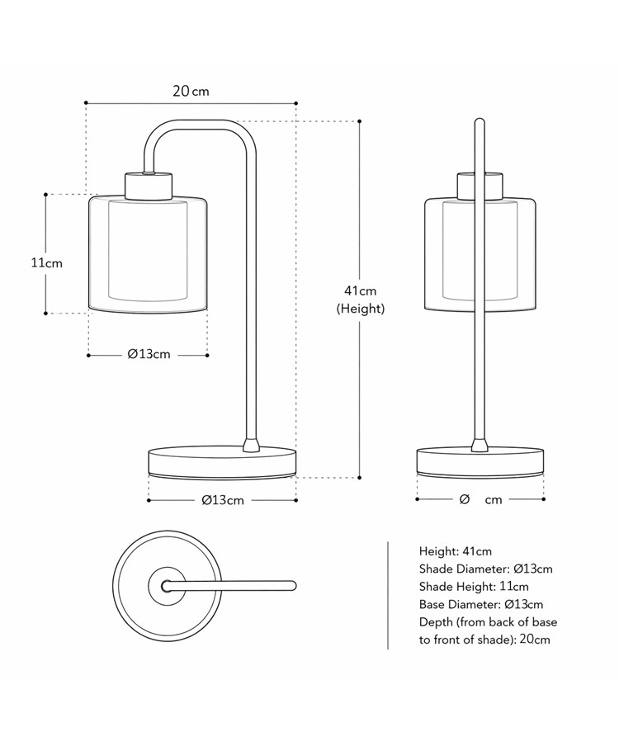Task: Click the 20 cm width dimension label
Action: point(191,91)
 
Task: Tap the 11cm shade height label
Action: point(46,263)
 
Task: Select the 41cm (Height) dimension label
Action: point(360,300)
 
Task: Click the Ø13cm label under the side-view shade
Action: point(149,355)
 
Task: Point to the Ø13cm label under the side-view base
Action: point(222,500)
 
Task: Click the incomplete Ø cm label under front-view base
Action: point(480,500)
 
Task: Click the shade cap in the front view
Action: point(480,185)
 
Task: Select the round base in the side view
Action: point(221,461)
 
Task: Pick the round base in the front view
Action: point(480,461)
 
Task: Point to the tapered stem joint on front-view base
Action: point(480,445)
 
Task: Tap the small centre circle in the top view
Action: point(167,585)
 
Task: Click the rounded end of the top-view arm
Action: point(291,585)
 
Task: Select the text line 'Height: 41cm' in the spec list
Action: point(455,551)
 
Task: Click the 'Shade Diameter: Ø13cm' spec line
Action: point(485,569)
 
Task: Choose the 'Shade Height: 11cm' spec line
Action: point(474,587)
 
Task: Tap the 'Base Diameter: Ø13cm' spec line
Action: point(481,605)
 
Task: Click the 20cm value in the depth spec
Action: point(535,640)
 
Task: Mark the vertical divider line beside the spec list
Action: point(388,594)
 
